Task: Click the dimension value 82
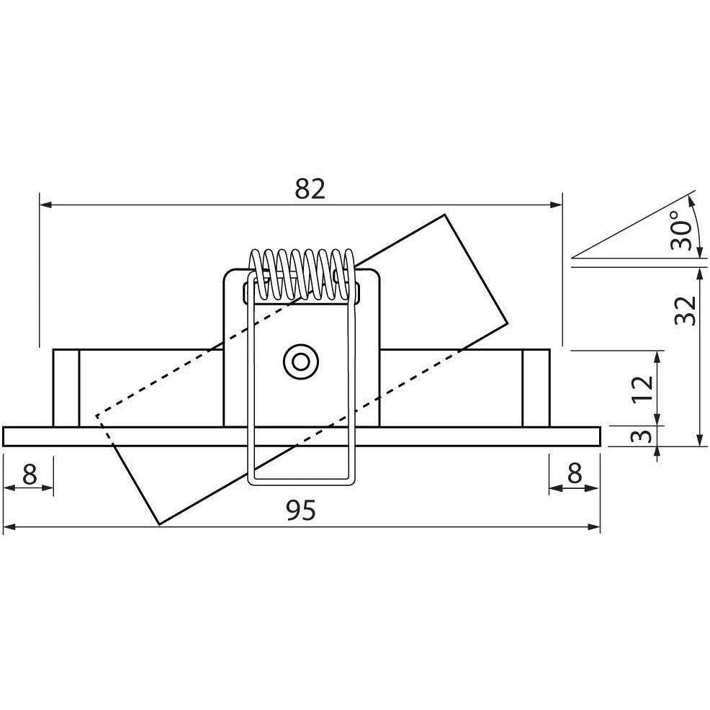[310, 189]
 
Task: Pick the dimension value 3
[644, 436]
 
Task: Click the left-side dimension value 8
[29, 473]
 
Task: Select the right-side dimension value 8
[574, 473]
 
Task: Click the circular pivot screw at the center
[299, 361]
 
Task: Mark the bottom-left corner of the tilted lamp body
[158, 523]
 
